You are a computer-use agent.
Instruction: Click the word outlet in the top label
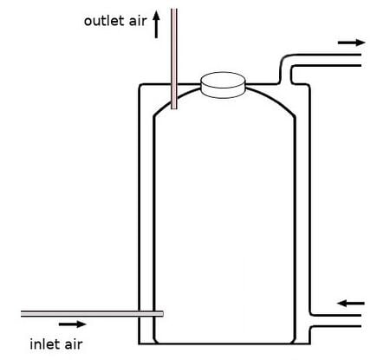tap(105, 21)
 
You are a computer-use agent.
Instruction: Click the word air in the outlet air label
tap(138, 21)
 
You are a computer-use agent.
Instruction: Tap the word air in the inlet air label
tap(74, 344)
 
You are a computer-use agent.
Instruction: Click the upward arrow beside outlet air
tap(156, 24)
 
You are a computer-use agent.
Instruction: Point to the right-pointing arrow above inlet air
tap(73, 324)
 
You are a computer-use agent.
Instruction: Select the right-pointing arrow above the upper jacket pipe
tap(352, 43)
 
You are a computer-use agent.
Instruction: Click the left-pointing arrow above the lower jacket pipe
tap(351, 304)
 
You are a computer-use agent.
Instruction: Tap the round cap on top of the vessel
tap(223, 85)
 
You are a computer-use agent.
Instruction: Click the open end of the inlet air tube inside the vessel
tap(162, 314)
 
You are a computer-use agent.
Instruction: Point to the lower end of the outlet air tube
tap(174, 108)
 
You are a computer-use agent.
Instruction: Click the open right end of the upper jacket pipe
tap(361, 60)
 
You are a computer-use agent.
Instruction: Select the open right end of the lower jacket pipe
tap(361, 321)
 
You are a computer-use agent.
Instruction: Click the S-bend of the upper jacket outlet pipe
tap(285, 69)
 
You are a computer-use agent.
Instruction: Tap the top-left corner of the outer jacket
tap(140, 85)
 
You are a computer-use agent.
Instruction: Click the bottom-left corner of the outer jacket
tap(140, 344)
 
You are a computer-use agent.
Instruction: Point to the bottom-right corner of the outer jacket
tap(309, 344)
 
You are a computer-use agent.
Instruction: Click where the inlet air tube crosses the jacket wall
tap(140, 314)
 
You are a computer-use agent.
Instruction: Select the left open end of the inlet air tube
tap(22, 314)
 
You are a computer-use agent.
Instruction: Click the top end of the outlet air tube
tap(174, 10)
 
